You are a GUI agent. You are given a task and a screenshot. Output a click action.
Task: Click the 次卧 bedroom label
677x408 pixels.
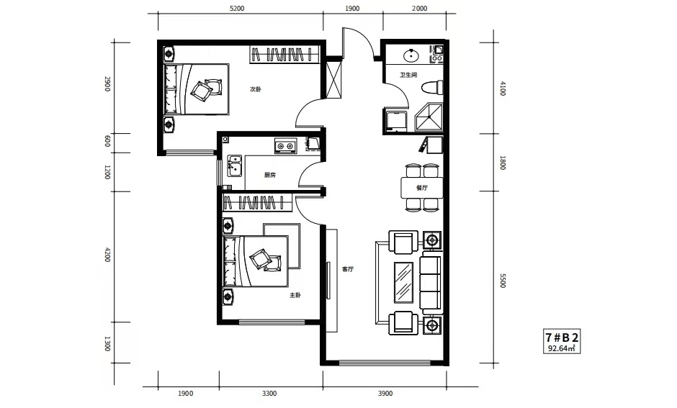256,89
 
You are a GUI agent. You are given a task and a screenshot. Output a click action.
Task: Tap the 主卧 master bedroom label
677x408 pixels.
295,296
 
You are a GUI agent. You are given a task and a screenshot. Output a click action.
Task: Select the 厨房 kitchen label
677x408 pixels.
270,175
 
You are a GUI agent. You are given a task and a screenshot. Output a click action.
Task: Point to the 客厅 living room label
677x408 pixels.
348,269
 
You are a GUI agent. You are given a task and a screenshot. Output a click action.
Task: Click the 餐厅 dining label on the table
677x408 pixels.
422,188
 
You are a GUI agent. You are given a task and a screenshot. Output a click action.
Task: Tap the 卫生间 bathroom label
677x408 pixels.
408,75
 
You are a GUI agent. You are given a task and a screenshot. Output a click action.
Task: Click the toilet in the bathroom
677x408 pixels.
433,88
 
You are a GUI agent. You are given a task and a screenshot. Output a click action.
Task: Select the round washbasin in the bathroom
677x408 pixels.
411,55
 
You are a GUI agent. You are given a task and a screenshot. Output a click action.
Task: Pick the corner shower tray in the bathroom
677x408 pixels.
429,117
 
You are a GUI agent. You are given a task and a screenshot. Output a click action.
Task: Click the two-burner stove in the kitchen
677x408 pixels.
285,146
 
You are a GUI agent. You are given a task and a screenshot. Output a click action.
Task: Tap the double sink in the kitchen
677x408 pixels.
235,166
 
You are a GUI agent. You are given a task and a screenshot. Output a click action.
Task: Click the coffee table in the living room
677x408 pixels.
404,283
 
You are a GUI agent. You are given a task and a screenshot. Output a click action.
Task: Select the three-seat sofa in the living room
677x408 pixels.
431,283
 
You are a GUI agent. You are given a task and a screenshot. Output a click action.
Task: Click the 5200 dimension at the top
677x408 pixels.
237,9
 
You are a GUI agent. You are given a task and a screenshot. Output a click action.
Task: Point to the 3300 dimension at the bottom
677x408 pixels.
269,394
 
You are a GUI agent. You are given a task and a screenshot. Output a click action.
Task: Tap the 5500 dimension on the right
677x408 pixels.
503,281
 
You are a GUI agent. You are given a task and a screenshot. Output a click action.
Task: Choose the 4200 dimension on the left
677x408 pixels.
107,255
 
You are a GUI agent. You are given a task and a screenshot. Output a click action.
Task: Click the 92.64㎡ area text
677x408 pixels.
561,348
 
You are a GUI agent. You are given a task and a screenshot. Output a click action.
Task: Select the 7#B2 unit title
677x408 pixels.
561,337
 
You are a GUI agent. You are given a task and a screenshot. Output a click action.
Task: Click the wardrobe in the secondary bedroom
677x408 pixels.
285,55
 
